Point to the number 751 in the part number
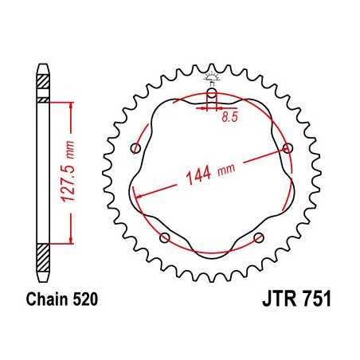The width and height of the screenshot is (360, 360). (x=313, y=303)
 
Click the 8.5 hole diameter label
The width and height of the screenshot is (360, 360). (x=229, y=117)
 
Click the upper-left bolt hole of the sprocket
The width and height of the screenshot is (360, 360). (x=135, y=149)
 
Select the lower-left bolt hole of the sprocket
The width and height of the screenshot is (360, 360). (x=165, y=237)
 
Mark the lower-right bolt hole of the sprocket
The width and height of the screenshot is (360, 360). (x=258, y=237)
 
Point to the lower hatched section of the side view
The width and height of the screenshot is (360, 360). (x=42, y=256)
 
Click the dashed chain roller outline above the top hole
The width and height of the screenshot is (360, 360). (x=212, y=78)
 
